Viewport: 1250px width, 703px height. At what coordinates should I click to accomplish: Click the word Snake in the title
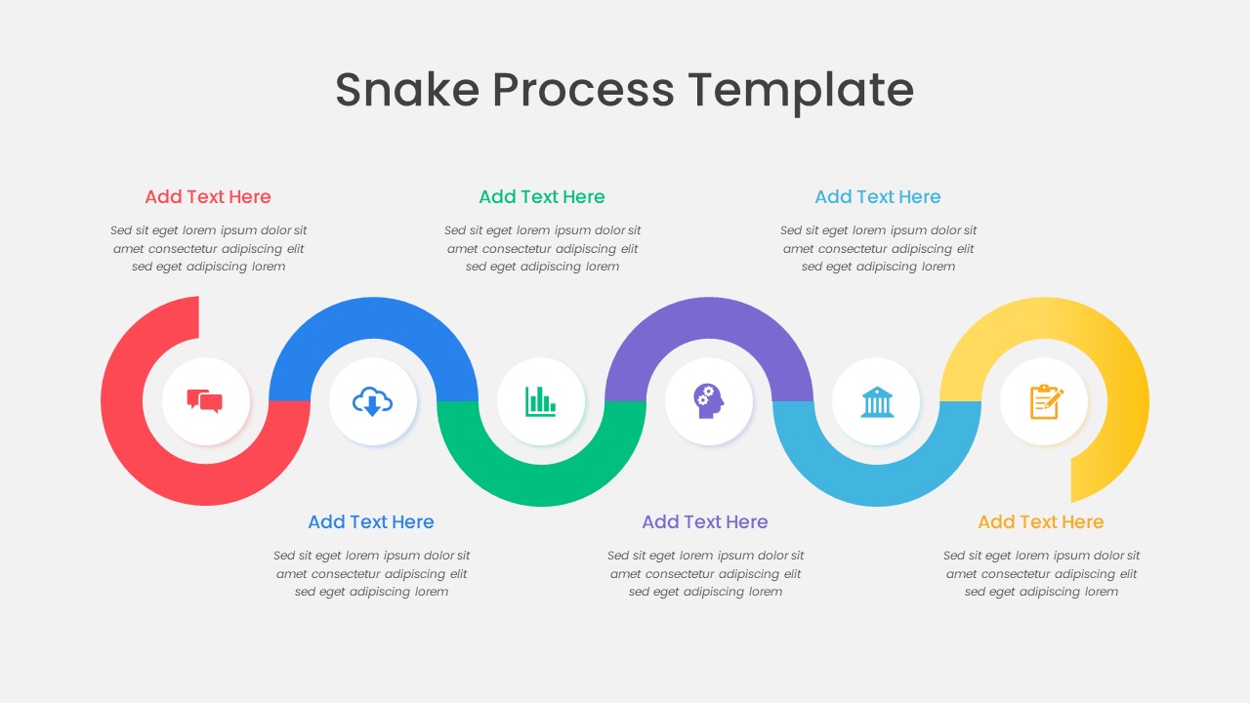click(x=406, y=90)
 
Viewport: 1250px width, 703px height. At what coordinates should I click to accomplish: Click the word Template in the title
click(x=801, y=90)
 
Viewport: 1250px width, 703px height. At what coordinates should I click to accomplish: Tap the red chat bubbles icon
click(x=205, y=401)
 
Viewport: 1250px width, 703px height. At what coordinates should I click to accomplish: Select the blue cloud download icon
click(x=373, y=401)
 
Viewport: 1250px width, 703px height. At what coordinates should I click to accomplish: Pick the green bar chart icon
click(x=541, y=401)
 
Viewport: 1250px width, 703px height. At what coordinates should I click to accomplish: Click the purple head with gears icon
click(x=709, y=401)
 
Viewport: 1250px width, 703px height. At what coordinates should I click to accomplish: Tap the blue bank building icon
click(x=877, y=401)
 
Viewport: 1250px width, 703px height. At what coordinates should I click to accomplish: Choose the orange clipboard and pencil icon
click(x=1045, y=401)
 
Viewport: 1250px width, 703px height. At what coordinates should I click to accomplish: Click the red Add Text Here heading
click(x=208, y=196)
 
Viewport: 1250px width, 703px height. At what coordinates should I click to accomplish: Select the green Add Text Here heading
click(x=542, y=196)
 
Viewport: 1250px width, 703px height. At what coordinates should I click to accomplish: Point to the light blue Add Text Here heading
click(x=878, y=196)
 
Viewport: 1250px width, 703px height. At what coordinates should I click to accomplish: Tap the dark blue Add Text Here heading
click(x=371, y=521)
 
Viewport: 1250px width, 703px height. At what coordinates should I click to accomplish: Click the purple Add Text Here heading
click(x=705, y=521)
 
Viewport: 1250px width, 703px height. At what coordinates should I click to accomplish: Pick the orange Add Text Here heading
click(x=1041, y=521)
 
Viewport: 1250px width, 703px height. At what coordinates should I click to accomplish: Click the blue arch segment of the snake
click(x=373, y=318)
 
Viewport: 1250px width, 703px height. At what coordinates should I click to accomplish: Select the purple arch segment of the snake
click(x=709, y=318)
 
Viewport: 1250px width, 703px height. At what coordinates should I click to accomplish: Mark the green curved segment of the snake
click(x=541, y=484)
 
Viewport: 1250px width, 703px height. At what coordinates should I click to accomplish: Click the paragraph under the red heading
click(x=208, y=248)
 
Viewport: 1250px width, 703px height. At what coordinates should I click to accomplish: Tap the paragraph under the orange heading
click(x=1041, y=573)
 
